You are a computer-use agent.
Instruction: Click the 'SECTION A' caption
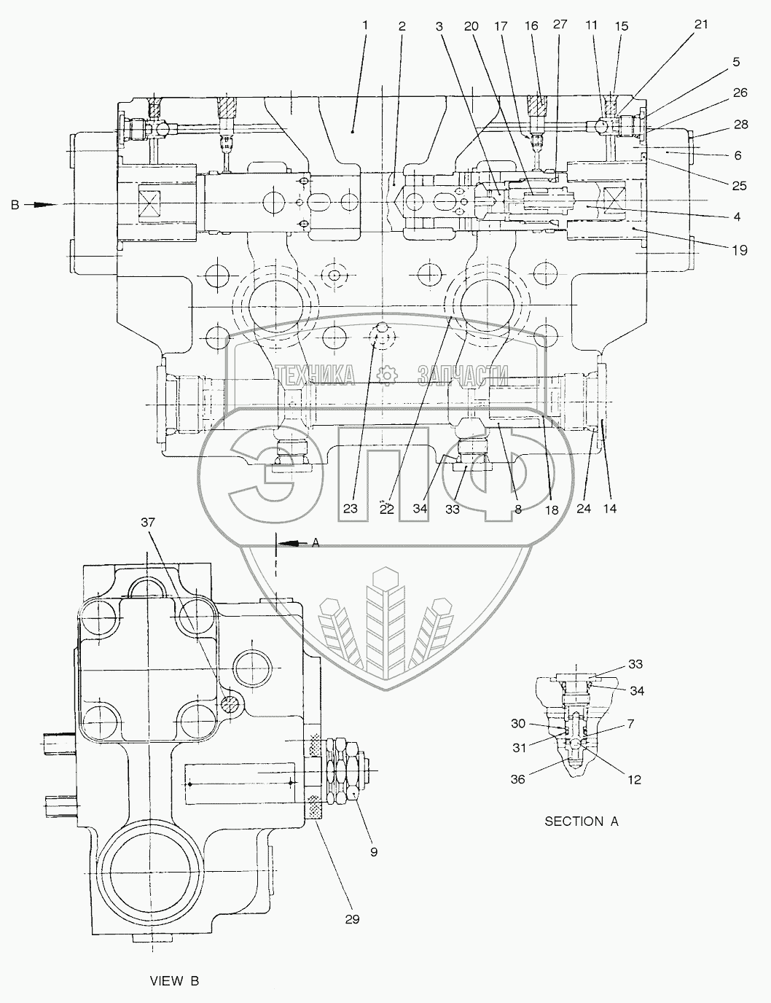(582, 821)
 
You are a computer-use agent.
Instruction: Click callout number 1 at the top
(365, 25)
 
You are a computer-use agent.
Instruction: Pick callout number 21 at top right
(701, 23)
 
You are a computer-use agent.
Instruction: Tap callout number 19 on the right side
(739, 250)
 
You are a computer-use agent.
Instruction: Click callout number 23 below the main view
(351, 510)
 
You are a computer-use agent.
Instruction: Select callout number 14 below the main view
(609, 509)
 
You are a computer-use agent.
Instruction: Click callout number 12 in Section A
(634, 780)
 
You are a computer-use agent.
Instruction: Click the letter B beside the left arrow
(14, 206)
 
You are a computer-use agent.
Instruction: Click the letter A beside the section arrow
(316, 542)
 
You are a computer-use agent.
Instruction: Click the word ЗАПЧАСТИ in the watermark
(462, 375)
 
